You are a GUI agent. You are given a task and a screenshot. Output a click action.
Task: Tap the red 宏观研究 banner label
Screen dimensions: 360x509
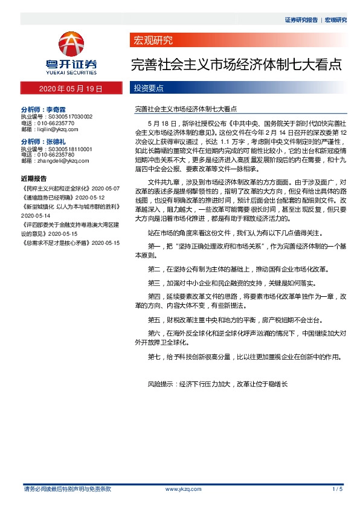(x=152, y=41)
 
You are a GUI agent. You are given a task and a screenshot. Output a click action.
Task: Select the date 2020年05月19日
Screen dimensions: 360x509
(x=71, y=88)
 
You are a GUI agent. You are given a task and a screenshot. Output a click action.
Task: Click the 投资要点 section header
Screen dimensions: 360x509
(x=149, y=88)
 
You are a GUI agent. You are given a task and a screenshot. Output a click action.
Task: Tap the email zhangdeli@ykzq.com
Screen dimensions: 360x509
(x=57, y=161)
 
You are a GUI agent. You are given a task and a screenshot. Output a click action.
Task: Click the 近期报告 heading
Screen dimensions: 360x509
(x=33, y=179)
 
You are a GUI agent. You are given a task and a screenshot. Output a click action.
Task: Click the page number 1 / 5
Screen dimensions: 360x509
(x=337, y=488)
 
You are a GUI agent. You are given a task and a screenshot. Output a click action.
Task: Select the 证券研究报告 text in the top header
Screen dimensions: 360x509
(x=301, y=19)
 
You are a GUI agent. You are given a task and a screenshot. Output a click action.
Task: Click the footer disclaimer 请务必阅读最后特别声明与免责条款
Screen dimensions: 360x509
(x=66, y=488)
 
